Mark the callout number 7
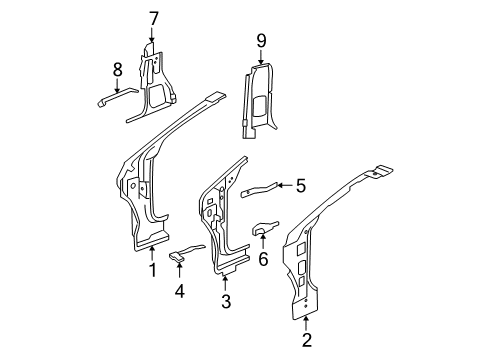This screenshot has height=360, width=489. pyautogui.click(x=154, y=17)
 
